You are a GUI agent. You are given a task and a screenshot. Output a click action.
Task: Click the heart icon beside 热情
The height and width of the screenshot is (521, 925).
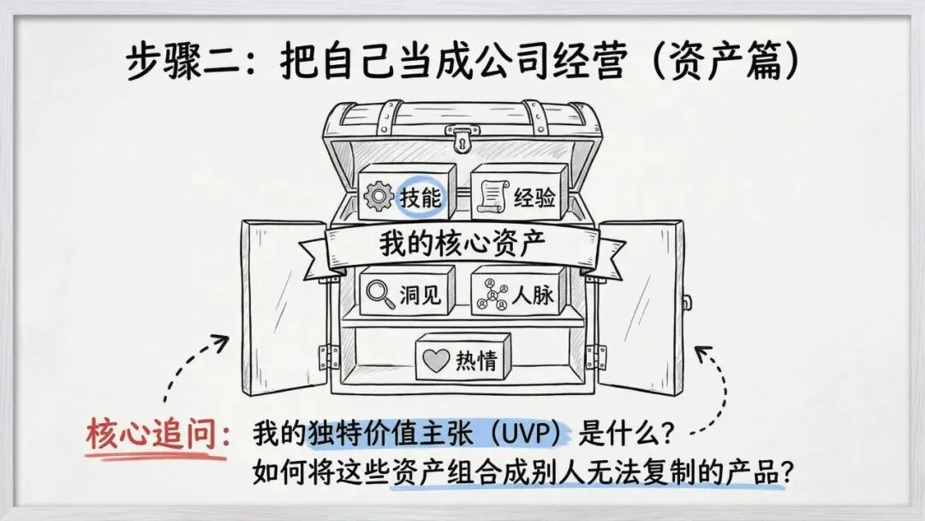tap(436, 362)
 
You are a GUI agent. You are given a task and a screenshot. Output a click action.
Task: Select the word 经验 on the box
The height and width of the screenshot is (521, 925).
tap(534, 199)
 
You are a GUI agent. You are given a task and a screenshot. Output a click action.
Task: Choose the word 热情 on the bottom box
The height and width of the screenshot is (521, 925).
tap(476, 362)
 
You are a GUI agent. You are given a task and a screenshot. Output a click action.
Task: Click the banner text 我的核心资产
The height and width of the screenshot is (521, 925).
tap(462, 244)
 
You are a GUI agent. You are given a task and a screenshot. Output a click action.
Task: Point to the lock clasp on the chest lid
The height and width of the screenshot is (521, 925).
tap(462, 137)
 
